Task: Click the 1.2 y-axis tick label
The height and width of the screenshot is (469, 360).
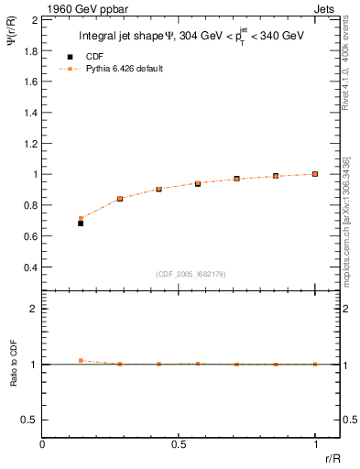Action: pos(30,143)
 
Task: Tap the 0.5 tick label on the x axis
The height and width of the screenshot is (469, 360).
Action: pos(179,443)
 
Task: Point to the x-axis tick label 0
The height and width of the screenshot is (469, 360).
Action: pos(43,443)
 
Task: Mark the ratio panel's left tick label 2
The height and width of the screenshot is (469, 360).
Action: pos(34,309)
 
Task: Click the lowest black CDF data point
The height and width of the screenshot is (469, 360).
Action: pos(81,223)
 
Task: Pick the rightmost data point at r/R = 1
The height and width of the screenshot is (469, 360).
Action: pos(315,173)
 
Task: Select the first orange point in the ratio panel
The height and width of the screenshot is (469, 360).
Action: pos(81,361)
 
